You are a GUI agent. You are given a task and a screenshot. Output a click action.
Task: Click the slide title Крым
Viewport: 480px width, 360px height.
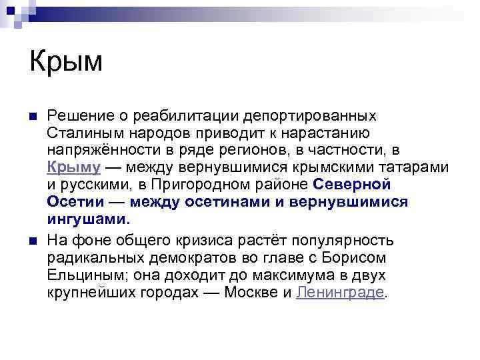[66, 62]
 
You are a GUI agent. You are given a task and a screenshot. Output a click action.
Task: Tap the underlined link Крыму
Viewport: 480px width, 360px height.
[74, 167]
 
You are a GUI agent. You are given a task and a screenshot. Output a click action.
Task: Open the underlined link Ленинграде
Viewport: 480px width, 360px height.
[340, 292]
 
